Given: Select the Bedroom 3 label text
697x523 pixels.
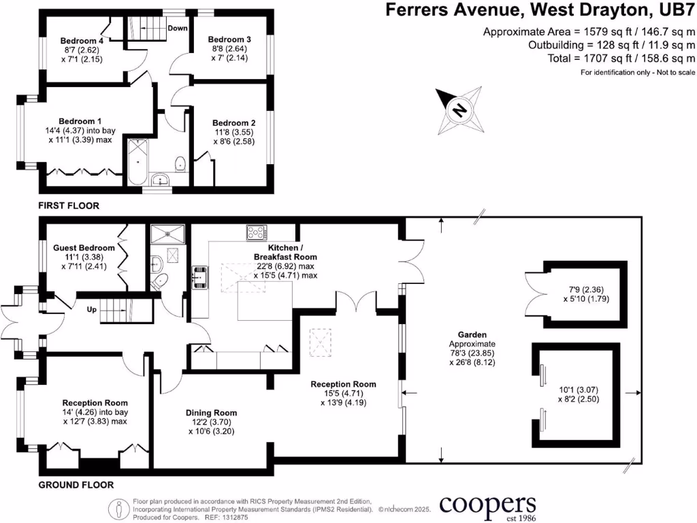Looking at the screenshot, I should (x=229, y=39).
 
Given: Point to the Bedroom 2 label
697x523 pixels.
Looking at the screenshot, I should (x=233, y=125).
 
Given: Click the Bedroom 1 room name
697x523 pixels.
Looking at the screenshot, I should (x=79, y=120).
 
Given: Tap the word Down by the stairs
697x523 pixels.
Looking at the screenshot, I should (x=178, y=29).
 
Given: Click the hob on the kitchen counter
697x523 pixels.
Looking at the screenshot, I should (x=256, y=233).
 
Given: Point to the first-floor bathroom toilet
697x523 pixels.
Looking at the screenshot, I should (x=180, y=163).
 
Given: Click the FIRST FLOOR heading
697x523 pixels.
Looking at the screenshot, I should (x=69, y=205).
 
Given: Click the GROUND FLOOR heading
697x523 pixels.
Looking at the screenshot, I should (x=76, y=485).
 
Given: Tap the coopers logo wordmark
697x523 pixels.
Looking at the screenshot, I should (x=487, y=505).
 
